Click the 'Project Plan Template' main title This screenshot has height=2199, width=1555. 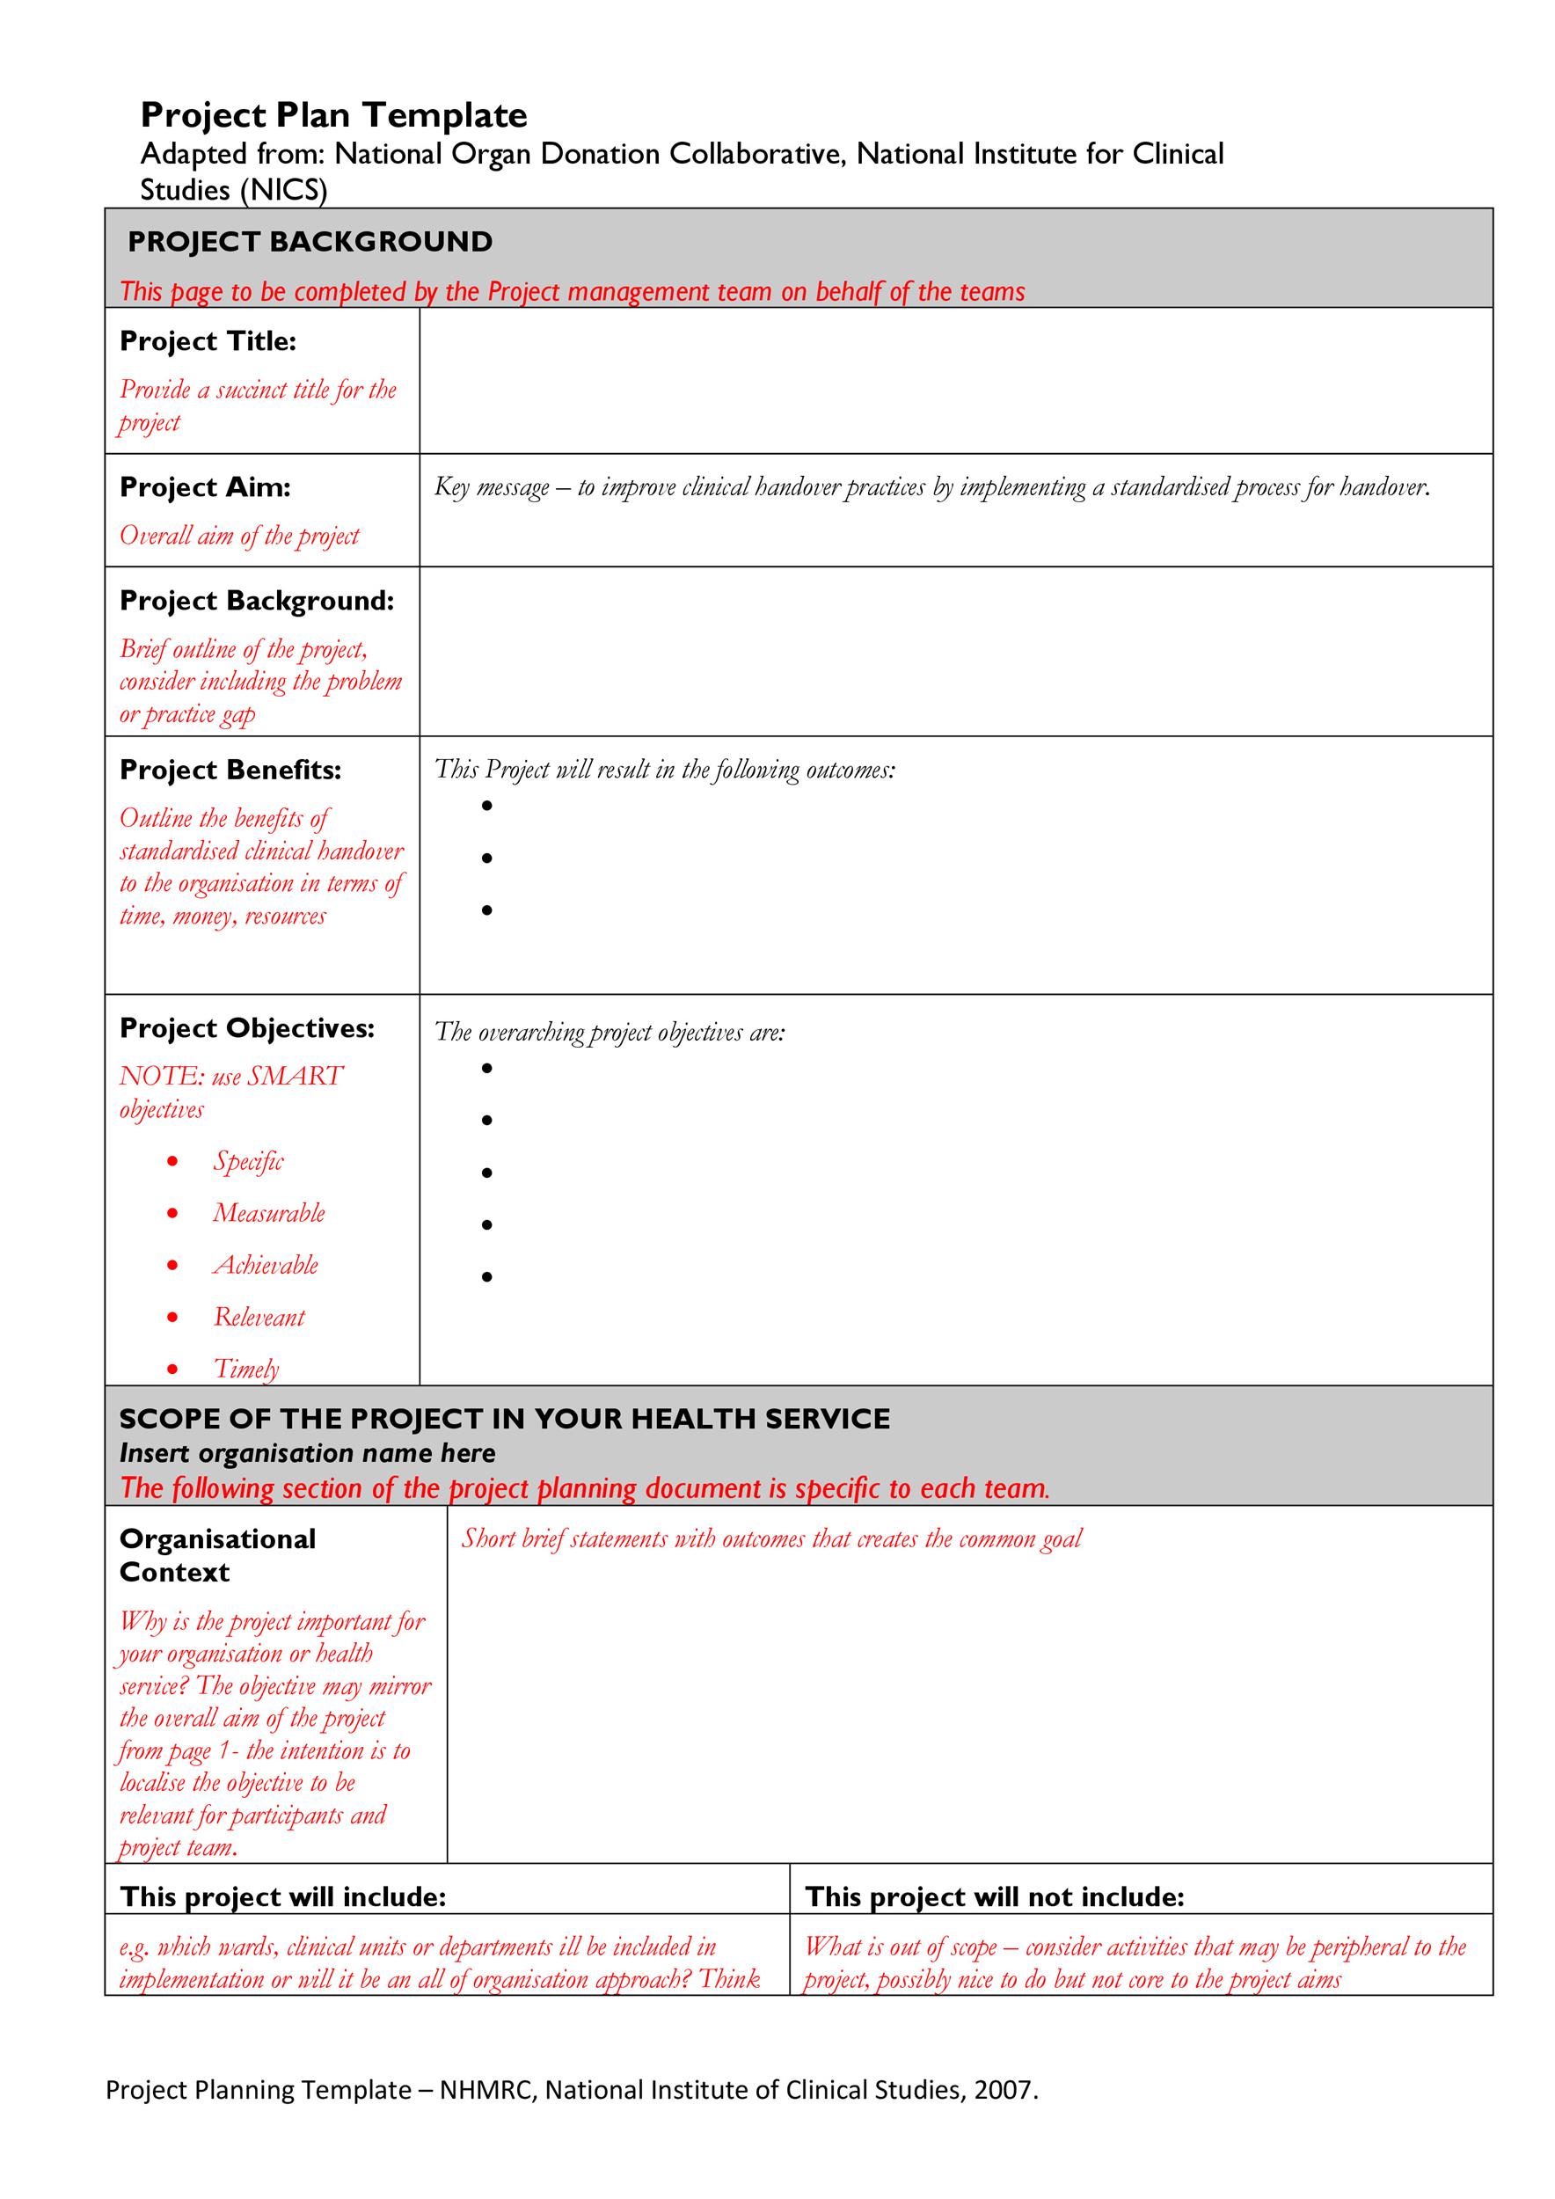click(x=333, y=116)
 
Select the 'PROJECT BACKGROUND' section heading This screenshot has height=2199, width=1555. click(x=310, y=241)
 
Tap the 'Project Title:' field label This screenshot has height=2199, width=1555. click(x=208, y=341)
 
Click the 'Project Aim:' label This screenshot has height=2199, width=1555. click(x=205, y=487)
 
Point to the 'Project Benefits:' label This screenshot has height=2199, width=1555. click(x=230, y=770)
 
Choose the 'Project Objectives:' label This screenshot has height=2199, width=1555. click(x=247, y=1028)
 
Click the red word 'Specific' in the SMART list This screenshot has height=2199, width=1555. click(x=248, y=1162)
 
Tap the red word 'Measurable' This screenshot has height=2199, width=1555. click(x=269, y=1214)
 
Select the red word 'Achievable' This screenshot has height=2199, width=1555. click(x=266, y=1265)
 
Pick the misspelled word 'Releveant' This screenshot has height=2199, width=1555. click(x=259, y=1317)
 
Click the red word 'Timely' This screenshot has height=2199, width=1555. click(x=246, y=1369)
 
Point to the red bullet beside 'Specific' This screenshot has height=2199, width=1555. click(x=172, y=1162)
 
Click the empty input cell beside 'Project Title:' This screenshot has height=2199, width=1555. click(x=954, y=380)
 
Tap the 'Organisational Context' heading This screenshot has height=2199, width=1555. click(x=217, y=1555)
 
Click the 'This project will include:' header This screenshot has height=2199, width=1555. click(x=283, y=1897)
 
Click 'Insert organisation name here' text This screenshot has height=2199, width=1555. click(x=307, y=1453)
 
